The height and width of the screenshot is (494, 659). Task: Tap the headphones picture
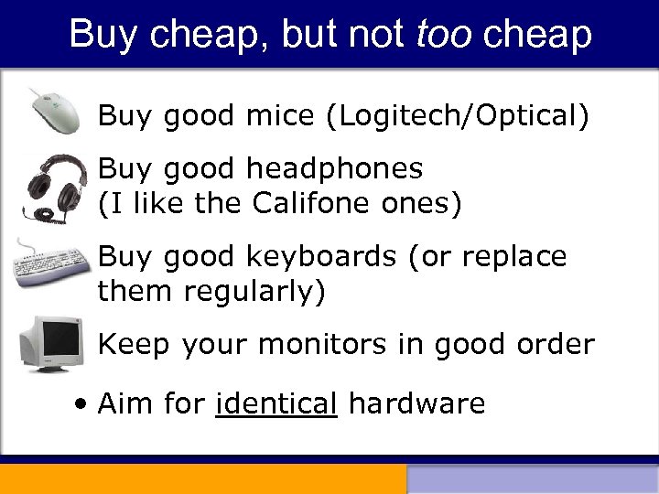click(x=54, y=185)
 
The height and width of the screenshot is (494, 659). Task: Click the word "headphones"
click(x=335, y=169)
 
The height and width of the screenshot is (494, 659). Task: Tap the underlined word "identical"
click(x=276, y=403)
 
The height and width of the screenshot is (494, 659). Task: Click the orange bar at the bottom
click(x=202, y=479)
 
